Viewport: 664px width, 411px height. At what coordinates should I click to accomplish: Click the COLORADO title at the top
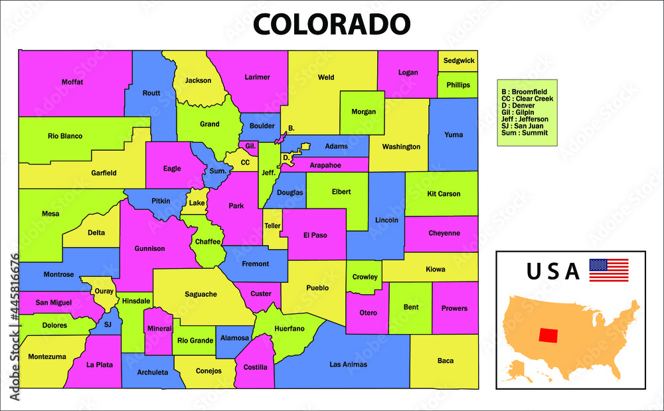point(331,24)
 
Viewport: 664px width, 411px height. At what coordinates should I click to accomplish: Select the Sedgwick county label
point(459,60)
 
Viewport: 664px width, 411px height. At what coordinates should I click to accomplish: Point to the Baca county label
point(446,361)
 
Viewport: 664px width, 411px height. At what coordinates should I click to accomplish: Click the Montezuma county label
point(47,357)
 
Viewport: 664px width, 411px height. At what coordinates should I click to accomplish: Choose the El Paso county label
point(315,235)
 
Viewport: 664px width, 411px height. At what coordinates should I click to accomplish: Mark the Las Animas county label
point(348,364)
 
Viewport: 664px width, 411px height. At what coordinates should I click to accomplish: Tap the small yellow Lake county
point(197,203)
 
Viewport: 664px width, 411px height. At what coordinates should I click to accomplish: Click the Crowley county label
point(365,277)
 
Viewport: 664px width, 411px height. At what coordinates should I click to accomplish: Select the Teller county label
point(273,226)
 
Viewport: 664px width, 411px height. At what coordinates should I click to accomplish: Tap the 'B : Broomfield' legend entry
point(524,92)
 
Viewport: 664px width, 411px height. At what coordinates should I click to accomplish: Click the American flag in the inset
point(608,270)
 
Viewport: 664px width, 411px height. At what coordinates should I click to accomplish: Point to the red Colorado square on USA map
point(548,335)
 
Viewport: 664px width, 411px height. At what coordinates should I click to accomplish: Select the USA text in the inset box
point(553,271)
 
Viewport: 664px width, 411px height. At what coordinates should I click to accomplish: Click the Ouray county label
point(104,291)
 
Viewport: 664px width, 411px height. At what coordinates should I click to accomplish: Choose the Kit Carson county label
point(444,194)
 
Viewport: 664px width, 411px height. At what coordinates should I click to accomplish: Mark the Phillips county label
point(458,85)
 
